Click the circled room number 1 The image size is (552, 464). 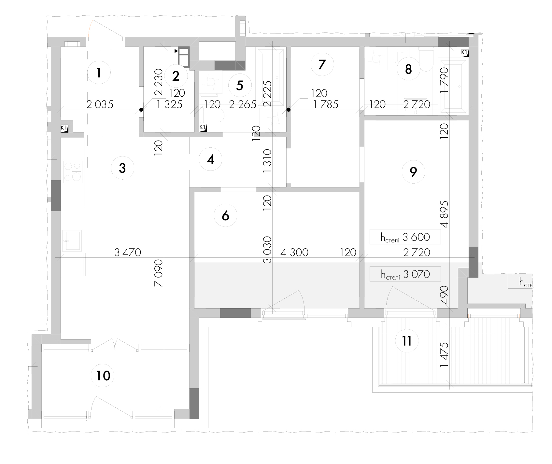[x=99, y=73]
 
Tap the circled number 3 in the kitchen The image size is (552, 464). [x=122, y=168]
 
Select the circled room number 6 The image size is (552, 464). [x=225, y=215]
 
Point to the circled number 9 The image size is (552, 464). [x=413, y=171]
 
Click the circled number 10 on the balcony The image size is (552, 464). [x=104, y=376]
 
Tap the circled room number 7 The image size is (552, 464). [x=322, y=64]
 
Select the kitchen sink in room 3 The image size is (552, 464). [x=72, y=240]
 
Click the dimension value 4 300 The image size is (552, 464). [x=294, y=252]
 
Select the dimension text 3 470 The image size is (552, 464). [x=128, y=252]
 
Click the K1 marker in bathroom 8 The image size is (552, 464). [x=465, y=53]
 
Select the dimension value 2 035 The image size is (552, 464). [x=100, y=104]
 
